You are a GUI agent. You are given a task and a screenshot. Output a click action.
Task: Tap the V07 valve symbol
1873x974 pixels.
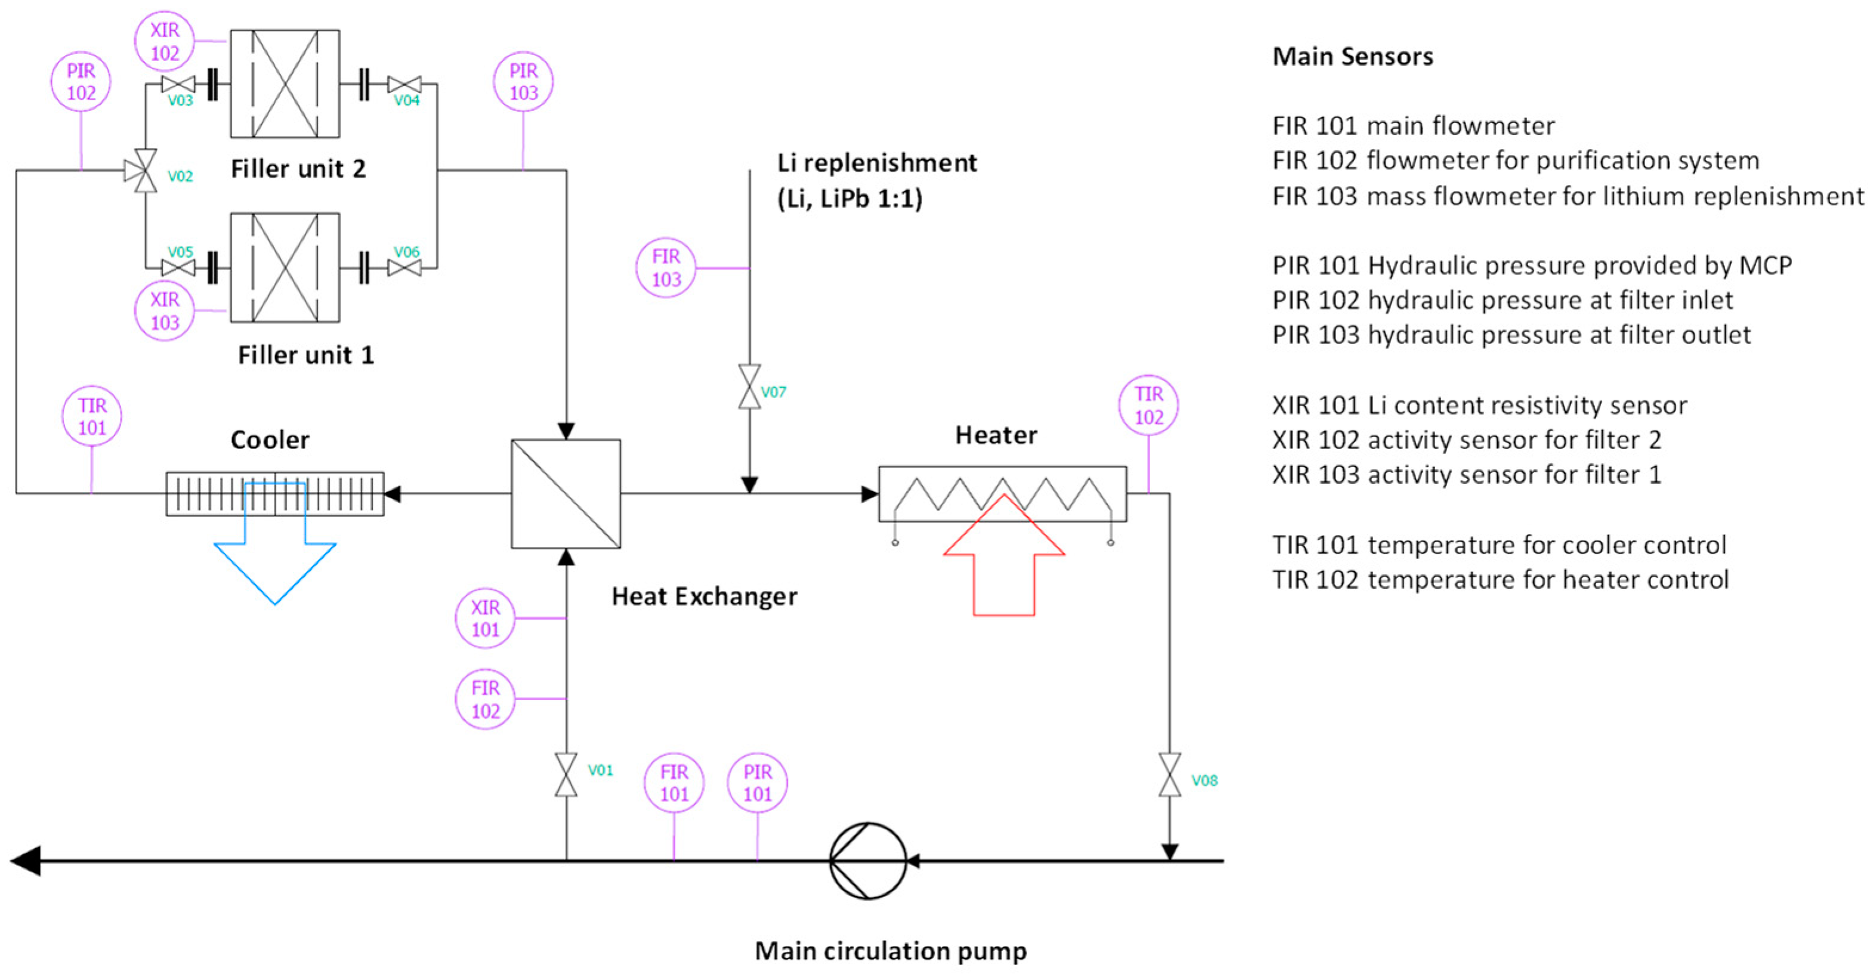click(x=750, y=386)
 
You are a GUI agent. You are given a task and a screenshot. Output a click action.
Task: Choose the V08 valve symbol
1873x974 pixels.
click(x=1170, y=775)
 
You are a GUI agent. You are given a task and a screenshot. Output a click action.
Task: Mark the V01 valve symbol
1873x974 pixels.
click(x=567, y=775)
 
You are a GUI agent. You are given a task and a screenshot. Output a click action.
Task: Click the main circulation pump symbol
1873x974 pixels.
click(x=868, y=861)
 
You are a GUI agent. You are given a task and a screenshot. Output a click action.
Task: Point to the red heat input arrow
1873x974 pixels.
click(x=1004, y=555)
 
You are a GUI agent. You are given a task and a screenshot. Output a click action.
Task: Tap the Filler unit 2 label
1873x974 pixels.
click(x=298, y=169)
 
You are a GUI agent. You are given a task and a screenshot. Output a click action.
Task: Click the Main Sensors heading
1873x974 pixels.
click(x=1352, y=57)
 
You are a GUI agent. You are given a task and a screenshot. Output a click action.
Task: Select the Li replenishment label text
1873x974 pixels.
click(x=877, y=163)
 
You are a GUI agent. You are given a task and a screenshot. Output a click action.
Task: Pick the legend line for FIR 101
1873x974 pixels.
click(x=1414, y=126)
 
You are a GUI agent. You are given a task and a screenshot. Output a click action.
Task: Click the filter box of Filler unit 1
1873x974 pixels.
click(x=285, y=267)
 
